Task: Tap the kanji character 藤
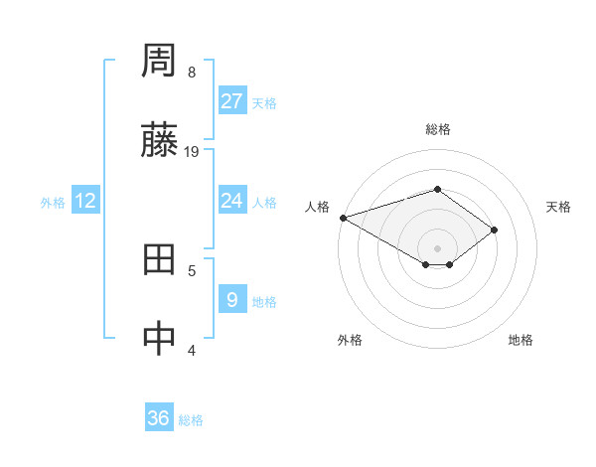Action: tap(160, 142)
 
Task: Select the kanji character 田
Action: tap(160, 260)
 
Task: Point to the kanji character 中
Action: tap(160, 339)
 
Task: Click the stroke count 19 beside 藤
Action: tap(192, 152)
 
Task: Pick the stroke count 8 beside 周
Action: tap(192, 73)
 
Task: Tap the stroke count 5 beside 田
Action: tap(192, 269)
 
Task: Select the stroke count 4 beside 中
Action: tap(192, 349)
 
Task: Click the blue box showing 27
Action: tap(232, 101)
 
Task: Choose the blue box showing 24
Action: tap(232, 201)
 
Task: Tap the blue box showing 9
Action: tap(232, 299)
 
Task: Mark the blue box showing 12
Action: tap(85, 201)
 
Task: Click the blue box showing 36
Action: tap(159, 418)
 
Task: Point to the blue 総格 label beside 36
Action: tap(191, 420)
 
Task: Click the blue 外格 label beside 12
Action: tap(53, 203)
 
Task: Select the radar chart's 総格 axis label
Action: tap(438, 129)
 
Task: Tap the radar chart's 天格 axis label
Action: tap(559, 207)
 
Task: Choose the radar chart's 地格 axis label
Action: tap(521, 340)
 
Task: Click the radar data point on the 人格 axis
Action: tap(343, 217)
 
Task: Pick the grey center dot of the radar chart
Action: tap(438, 247)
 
